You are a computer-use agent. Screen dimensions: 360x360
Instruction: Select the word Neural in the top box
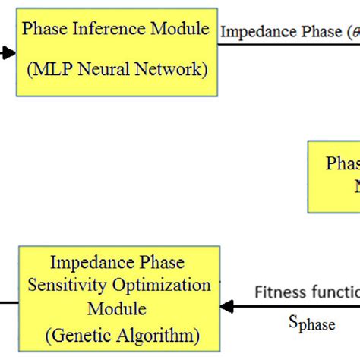tap(105, 70)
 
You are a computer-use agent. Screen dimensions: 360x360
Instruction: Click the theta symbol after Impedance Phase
tap(351, 33)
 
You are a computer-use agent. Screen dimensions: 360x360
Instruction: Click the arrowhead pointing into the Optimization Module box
tap(226, 306)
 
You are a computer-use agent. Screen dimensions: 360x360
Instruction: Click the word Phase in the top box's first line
tap(44, 30)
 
